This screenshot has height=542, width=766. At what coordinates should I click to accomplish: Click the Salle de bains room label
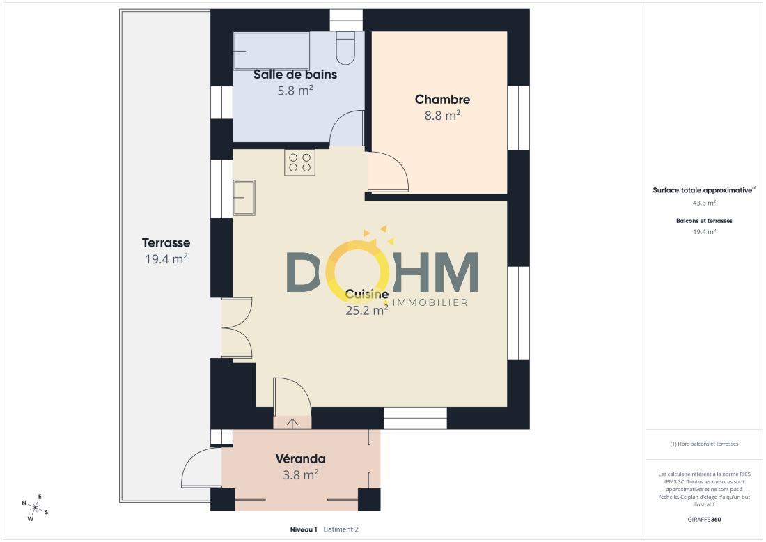(295, 75)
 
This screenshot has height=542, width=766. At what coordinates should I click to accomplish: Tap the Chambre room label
(443, 100)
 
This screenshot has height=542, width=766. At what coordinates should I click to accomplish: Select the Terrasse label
(166, 243)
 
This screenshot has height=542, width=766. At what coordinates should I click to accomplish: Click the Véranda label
(300, 459)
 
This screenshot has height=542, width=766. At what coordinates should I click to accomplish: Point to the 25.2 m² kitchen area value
(367, 310)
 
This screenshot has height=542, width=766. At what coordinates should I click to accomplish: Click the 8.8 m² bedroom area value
(443, 116)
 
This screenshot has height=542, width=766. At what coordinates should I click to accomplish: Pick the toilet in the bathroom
(345, 48)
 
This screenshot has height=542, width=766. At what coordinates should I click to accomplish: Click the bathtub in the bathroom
(271, 51)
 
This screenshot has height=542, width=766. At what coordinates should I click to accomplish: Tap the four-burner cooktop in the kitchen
(300, 162)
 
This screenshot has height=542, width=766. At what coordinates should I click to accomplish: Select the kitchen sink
(244, 198)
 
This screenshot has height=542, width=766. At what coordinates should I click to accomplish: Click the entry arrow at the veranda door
(292, 424)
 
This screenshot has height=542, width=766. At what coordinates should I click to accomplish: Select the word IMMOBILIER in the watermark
(430, 302)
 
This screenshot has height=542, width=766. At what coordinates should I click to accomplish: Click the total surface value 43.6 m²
(705, 203)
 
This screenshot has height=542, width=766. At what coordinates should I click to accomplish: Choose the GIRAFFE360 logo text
(704, 520)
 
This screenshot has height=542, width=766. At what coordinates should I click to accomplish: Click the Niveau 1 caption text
(304, 529)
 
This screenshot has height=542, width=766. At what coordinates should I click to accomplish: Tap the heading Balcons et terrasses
(705, 221)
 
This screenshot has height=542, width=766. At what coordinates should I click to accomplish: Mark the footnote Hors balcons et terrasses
(705, 444)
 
